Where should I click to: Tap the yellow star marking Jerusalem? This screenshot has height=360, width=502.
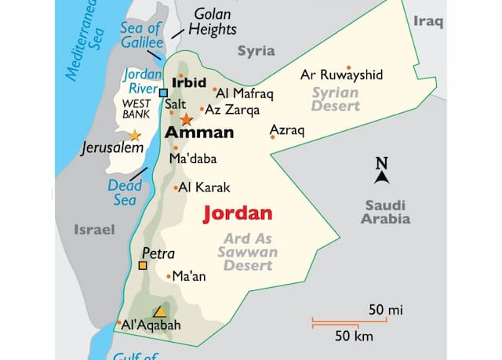135,135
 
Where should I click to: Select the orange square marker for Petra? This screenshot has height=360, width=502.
143,265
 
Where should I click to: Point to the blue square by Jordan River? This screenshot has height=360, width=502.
163,93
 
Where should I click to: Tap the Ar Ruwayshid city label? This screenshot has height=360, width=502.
342,76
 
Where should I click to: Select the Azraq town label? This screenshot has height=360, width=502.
286,130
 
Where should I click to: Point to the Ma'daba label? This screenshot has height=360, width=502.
193,159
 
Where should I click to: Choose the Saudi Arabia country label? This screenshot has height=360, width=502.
385,212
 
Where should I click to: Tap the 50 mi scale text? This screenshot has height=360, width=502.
385,311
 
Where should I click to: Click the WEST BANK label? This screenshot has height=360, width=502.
136,109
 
